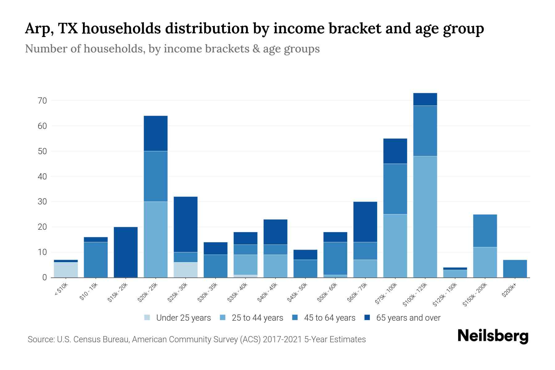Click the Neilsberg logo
(x=493, y=336)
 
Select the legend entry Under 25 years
(x=183, y=318)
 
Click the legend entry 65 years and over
(x=408, y=318)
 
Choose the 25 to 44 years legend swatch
(x=223, y=318)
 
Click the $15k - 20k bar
(x=126, y=252)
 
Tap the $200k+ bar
(x=515, y=269)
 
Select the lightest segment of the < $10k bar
(x=66, y=270)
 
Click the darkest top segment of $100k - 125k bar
(x=425, y=99)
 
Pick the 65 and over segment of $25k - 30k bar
(x=186, y=224)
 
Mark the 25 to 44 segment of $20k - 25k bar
(x=156, y=240)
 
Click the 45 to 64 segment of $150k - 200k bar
(x=485, y=231)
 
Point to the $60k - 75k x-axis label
(x=358, y=292)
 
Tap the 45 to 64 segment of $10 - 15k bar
(x=96, y=260)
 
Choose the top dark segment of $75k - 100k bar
(x=395, y=151)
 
